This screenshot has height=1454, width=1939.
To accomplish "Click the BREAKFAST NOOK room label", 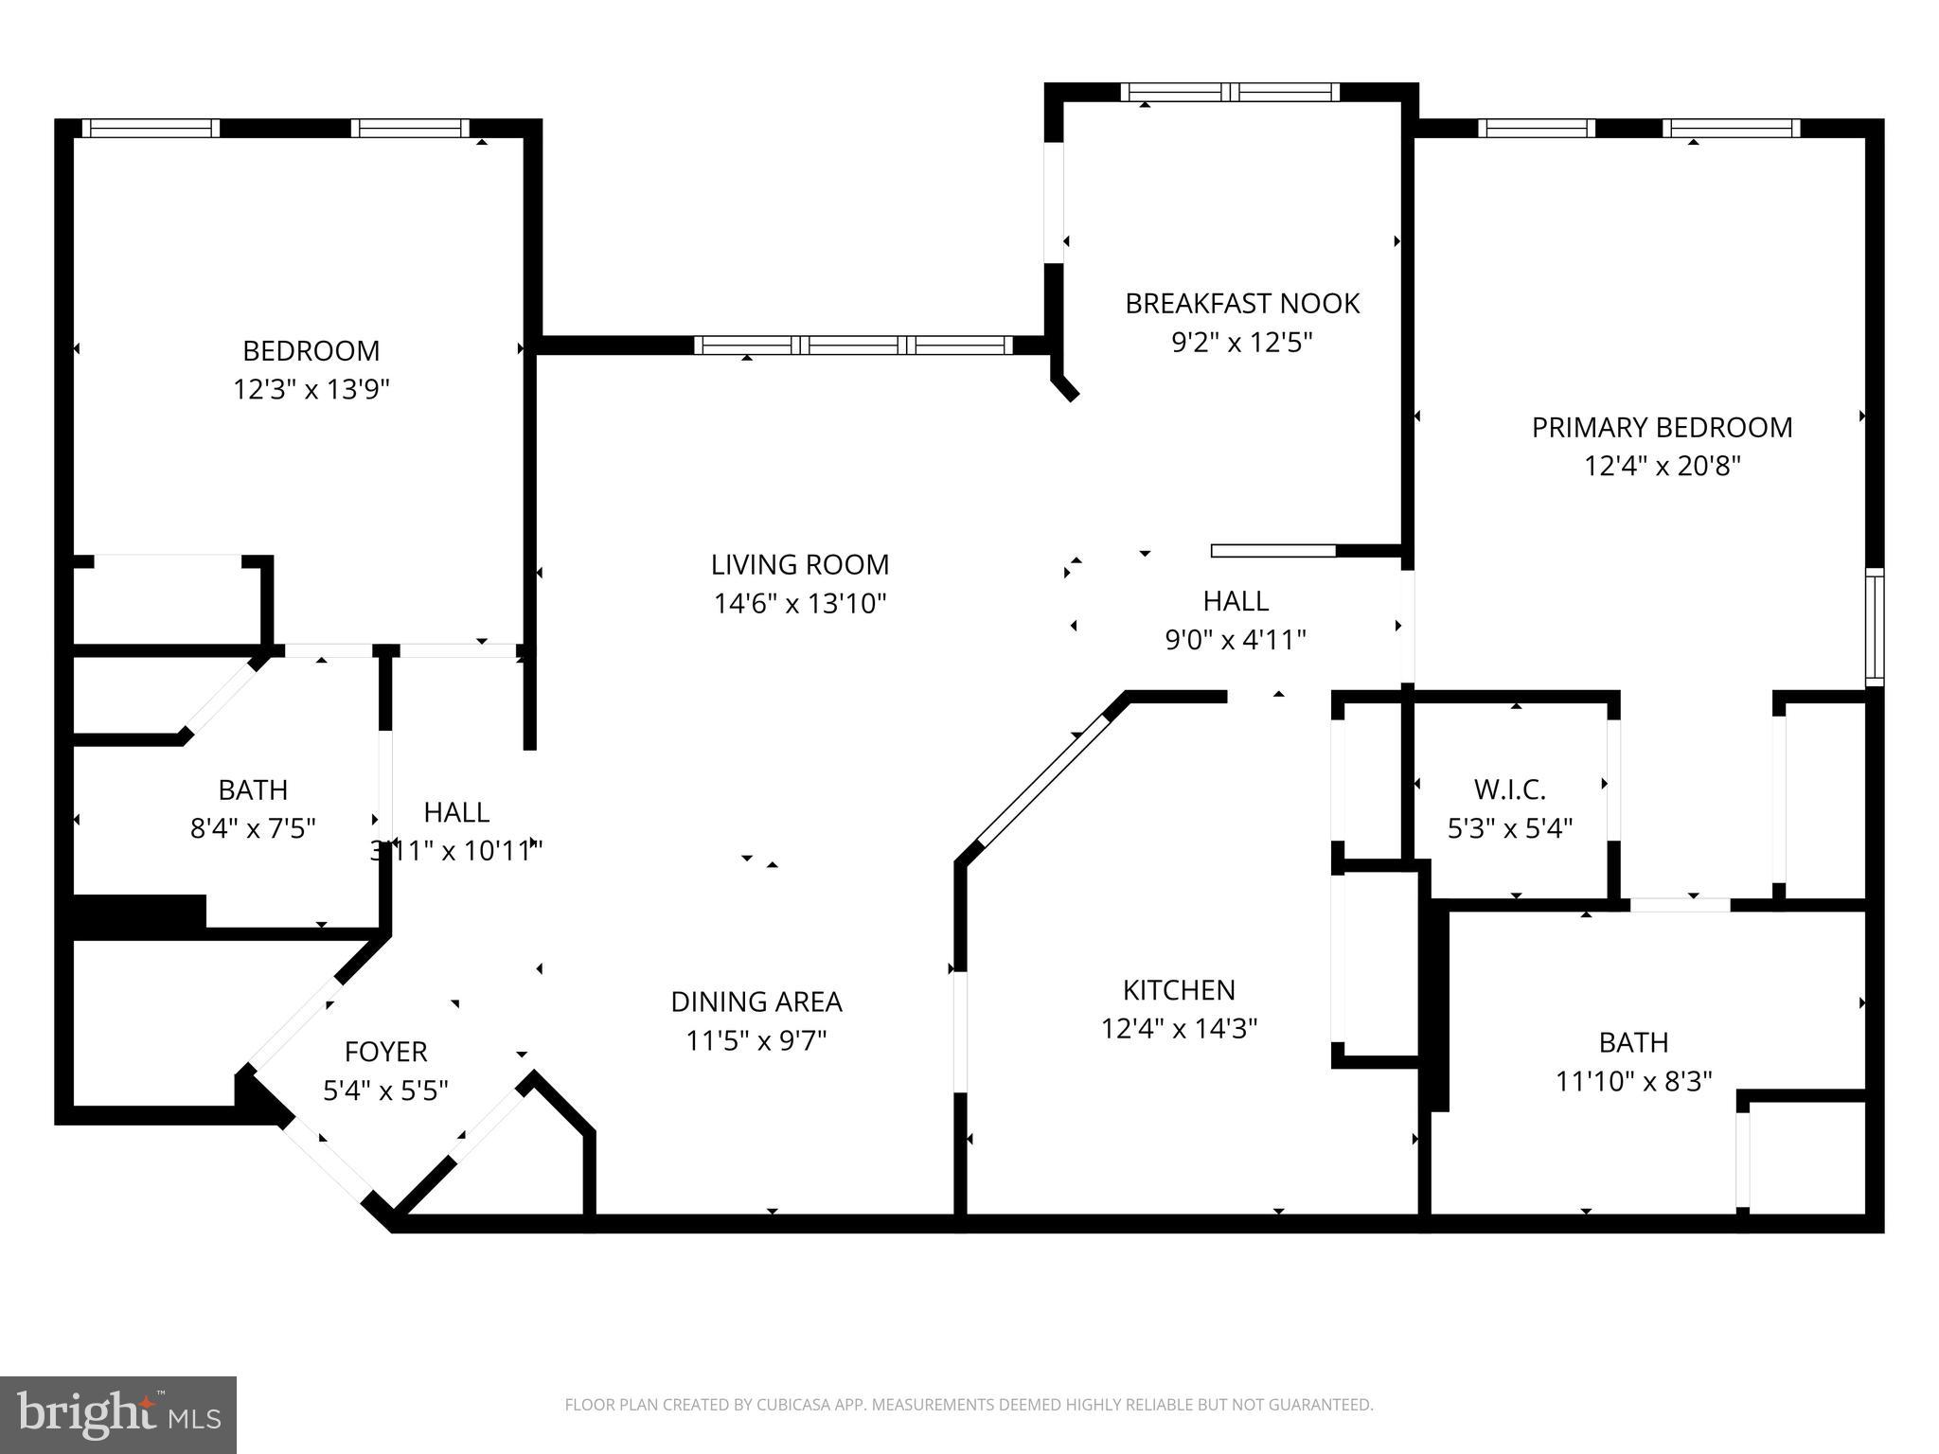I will tap(1241, 304).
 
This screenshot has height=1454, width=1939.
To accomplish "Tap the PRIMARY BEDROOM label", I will tap(1662, 428).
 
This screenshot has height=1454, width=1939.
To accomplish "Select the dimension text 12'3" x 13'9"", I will tap(311, 389).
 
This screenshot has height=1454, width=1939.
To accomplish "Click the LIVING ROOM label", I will tap(800, 565).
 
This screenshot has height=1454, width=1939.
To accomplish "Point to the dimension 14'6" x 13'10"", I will tap(800, 604).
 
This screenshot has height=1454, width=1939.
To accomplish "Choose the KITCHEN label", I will tap(1179, 990).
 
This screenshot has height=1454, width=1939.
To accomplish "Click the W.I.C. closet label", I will tap(1509, 789).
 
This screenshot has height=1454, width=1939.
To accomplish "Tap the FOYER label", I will tap(385, 1052).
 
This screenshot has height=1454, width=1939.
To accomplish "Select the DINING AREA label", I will tap(756, 1002).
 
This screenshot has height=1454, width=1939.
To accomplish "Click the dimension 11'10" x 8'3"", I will tap(1633, 1081).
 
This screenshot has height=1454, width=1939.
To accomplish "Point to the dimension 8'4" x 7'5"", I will tap(253, 828).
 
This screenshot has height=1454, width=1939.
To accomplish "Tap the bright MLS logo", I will tap(118, 1415).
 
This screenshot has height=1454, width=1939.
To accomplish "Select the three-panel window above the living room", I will tap(854, 346).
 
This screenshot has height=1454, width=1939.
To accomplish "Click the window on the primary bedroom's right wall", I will tap(1874, 627).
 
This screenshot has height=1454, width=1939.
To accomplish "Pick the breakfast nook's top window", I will tap(1230, 92).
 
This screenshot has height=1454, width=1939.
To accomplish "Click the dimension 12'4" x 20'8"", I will tap(1663, 467).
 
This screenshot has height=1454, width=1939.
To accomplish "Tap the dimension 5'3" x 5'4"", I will tap(1509, 828).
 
